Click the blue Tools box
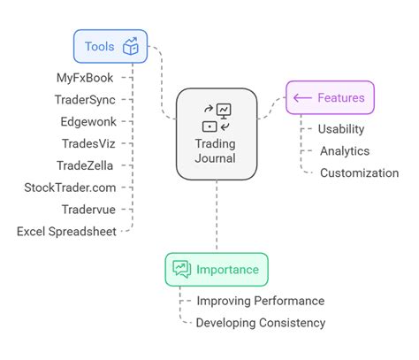[110, 47]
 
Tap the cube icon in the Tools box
[130, 47]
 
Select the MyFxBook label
[85, 78]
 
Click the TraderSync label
[85, 99]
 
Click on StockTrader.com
[70, 188]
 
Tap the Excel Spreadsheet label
[66, 232]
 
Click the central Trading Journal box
[217, 132]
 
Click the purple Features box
[330, 98]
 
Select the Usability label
[340, 129]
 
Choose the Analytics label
[345, 151]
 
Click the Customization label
[359, 173]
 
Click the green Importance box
[217, 269]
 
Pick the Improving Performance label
[260, 301]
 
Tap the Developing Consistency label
[261, 323]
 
